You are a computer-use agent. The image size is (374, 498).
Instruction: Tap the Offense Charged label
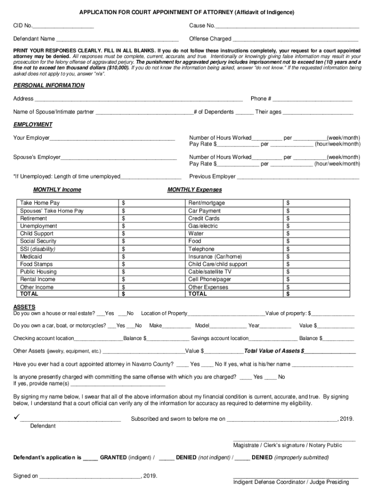[210, 39]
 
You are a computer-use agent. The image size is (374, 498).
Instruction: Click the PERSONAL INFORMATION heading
[49, 86]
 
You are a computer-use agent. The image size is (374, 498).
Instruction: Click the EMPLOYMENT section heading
[33, 125]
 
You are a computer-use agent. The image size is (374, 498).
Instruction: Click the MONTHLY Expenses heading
[194, 190]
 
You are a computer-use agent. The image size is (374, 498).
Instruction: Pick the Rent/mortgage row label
[206, 203]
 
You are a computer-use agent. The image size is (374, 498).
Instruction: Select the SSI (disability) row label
[38, 249]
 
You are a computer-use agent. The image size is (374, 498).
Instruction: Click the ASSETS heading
[24, 307]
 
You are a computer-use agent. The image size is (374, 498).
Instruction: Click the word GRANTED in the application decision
[113, 458]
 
